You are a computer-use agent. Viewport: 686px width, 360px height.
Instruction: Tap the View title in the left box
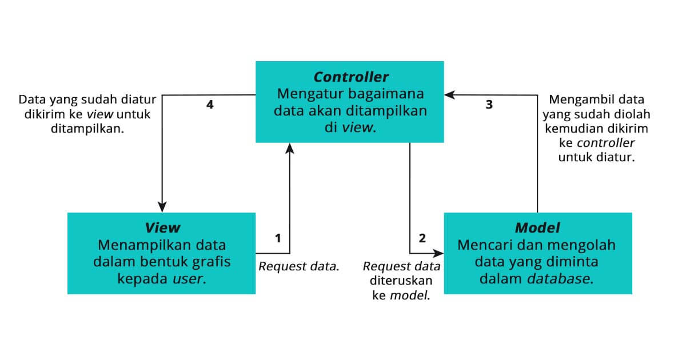162,227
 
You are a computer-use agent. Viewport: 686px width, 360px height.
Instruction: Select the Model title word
537,227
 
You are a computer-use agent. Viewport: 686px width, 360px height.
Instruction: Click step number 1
278,238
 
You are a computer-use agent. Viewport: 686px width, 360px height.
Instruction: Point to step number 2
422,238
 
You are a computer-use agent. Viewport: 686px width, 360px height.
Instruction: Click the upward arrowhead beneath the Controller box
290,149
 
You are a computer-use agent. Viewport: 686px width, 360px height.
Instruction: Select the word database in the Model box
559,279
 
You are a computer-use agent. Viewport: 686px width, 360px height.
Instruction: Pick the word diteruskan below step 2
401,281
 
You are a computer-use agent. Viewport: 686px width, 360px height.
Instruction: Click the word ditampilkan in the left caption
72,129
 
